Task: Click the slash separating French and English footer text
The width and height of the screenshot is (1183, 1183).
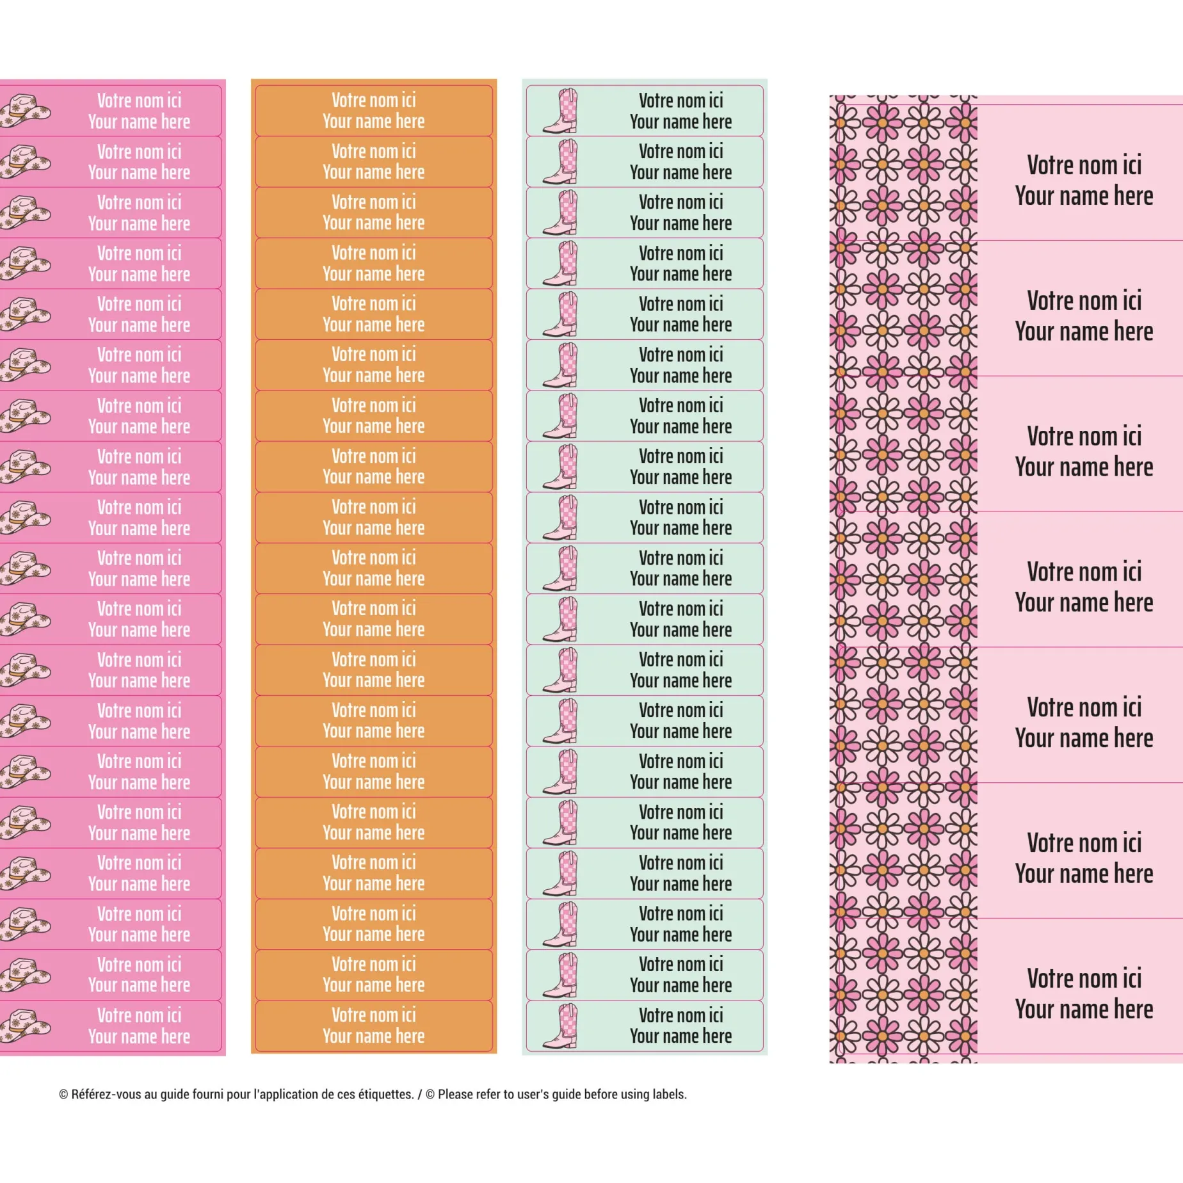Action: click(420, 1094)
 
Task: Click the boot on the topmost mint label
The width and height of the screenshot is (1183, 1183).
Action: click(561, 111)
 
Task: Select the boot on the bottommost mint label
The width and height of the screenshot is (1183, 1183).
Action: click(561, 1026)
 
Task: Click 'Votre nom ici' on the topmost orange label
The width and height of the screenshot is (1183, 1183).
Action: click(373, 100)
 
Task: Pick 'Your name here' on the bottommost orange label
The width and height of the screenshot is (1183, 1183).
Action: click(373, 1036)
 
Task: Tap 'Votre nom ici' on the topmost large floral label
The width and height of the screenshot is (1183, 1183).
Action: click(1084, 165)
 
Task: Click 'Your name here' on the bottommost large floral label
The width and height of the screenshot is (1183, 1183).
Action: click(1084, 1010)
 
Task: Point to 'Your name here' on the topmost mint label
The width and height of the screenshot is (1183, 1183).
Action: click(680, 122)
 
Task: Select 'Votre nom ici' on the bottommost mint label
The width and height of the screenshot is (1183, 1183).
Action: click(680, 1015)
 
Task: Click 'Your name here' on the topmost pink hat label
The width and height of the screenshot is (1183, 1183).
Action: click(139, 122)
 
